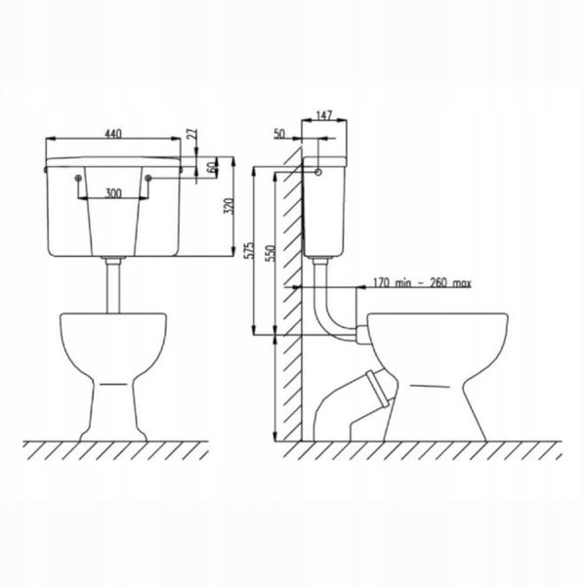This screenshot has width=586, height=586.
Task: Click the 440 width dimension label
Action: point(113,134)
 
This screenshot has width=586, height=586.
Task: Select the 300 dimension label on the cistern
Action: point(113,193)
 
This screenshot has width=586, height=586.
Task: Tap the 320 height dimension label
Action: point(229,206)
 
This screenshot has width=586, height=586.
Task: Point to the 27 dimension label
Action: point(192,134)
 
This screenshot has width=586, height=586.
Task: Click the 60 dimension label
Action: point(211,167)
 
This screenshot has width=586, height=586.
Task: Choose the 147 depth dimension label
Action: point(323,115)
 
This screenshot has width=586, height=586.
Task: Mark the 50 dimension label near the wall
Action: point(279,134)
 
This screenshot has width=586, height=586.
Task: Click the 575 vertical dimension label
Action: point(248,251)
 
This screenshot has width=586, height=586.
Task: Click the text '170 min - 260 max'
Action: point(422,282)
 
